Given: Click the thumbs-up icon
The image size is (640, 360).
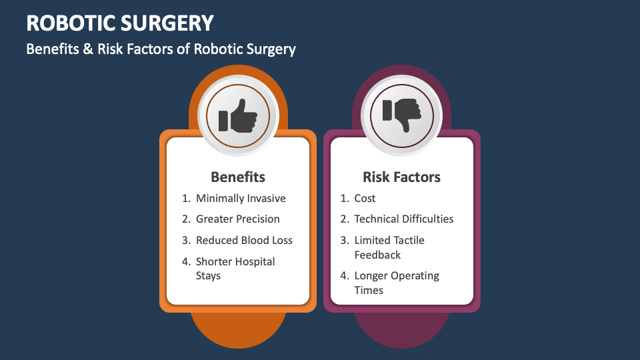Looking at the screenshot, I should point(238,116).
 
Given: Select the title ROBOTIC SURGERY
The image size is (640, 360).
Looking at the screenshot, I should point(120,23).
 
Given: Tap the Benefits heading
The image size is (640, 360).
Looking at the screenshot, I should point(238,177).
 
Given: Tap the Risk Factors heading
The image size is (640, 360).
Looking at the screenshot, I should point(401,177).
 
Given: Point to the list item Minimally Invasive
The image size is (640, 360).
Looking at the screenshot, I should point(241,198).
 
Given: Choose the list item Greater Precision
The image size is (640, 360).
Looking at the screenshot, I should point(238,219).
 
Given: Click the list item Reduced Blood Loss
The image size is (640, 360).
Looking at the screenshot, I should point(244,240).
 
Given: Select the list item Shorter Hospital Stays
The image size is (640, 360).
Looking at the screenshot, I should point(235,268).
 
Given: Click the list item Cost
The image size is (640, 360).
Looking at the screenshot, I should point(365,198).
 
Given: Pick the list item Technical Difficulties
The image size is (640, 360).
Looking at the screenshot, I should point(403,219).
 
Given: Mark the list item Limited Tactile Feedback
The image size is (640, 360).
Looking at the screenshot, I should point(389,247).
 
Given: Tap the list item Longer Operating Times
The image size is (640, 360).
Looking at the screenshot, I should point(397,283).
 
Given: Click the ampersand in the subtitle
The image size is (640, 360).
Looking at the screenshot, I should point(87,49).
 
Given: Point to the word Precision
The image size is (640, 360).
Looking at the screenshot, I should point(257,219).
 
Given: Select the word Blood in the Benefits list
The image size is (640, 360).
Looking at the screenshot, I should point(255,240).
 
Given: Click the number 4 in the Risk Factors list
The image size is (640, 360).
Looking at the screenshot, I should point(343,275).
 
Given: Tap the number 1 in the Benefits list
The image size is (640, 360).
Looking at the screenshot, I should point(185,198).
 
